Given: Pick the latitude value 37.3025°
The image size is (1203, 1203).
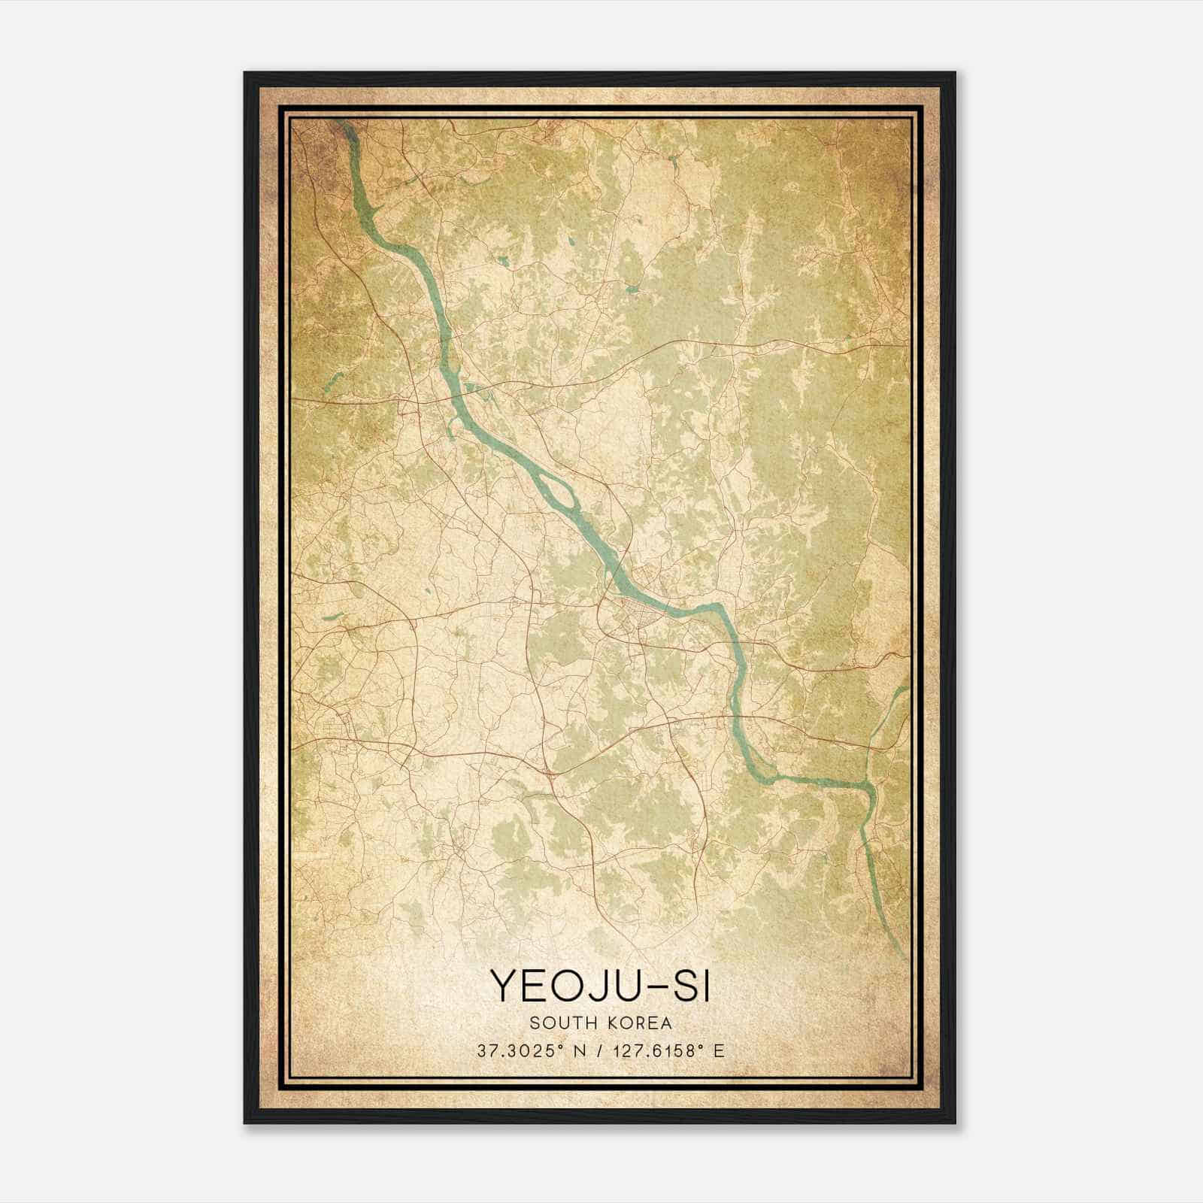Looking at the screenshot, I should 521,1050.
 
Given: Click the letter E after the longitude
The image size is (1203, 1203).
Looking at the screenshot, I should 719,1050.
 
